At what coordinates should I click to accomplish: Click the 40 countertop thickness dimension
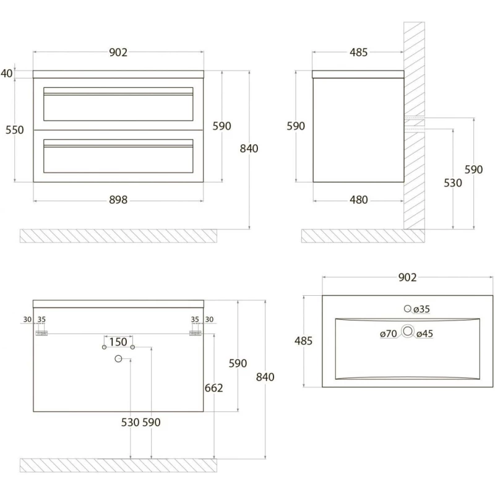coord(7,73)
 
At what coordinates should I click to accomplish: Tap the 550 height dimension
coord(14,130)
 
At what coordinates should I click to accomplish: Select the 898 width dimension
coord(118,199)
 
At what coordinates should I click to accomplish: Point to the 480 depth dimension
coord(358,199)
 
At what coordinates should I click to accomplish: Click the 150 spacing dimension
coord(118,342)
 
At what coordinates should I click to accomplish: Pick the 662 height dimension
coord(213,388)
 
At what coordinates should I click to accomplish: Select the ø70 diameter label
coord(389,334)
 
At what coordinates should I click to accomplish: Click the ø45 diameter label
coord(424,334)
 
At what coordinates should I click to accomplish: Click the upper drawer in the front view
coord(118,103)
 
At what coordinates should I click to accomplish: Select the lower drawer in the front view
coord(118,155)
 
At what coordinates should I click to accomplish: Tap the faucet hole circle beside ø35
coord(408,308)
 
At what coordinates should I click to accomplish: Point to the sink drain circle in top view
coord(407,331)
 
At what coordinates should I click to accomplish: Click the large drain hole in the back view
coord(118,359)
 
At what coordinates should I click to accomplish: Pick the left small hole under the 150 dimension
coord(104,348)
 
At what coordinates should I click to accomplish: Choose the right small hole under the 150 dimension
coord(132,348)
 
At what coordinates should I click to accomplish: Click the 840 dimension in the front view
coord(249,148)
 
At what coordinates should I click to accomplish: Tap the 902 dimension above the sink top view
coord(407,278)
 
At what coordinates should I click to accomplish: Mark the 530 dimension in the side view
coord(453,183)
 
